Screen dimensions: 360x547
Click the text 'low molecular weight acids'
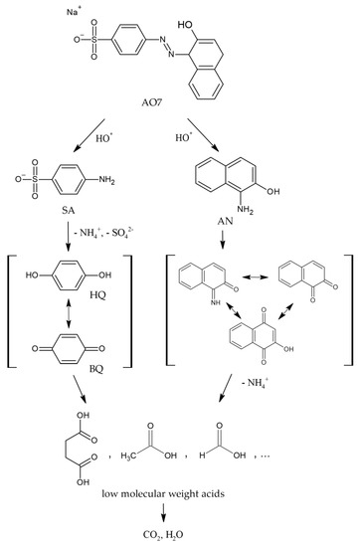pyautogui.click(x=179, y=491)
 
